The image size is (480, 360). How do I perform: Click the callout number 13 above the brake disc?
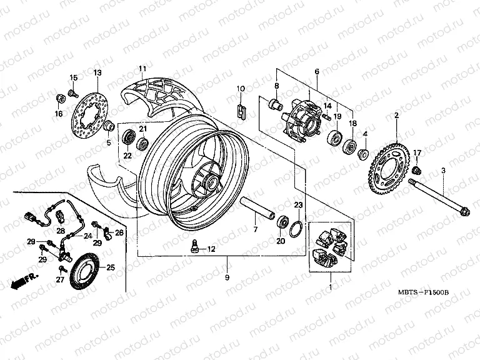coord(97,73)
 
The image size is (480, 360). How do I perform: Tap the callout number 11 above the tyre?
coord(142,68)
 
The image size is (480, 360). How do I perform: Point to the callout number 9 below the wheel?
coord(227,276)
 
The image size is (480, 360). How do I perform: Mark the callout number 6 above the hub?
coord(317,72)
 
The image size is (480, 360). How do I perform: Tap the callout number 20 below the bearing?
coord(280,241)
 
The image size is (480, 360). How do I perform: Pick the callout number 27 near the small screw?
coord(60,281)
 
